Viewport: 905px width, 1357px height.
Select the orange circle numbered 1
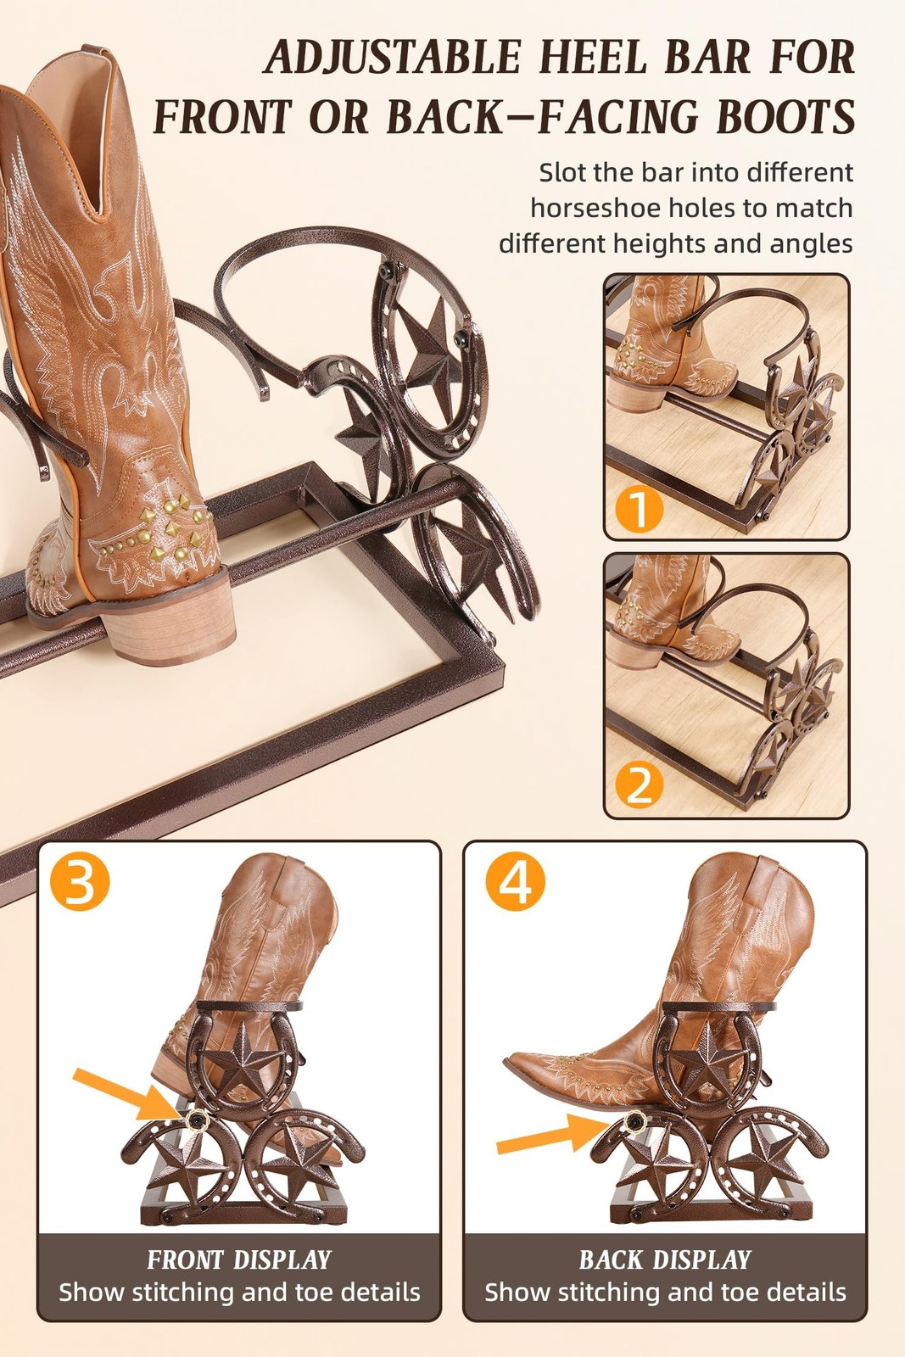tap(638, 510)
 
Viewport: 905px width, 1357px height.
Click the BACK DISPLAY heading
tap(665, 1259)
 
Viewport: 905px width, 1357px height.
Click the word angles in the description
tap(811, 244)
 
